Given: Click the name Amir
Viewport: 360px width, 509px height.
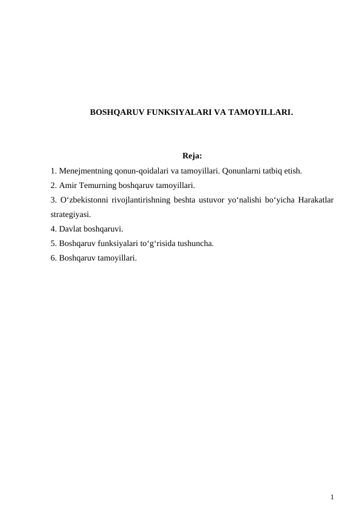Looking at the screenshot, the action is pos(69,186).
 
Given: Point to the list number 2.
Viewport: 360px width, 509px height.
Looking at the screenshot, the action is pos(53,186).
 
